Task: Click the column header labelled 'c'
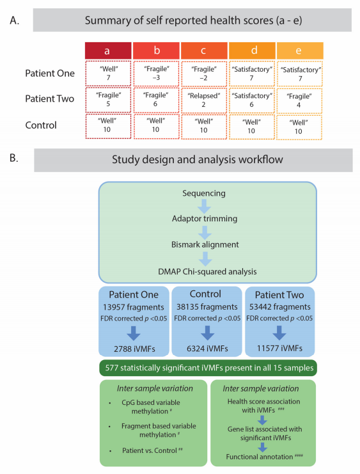click(x=204, y=51)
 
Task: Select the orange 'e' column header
click(x=299, y=51)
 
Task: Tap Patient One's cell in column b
click(x=156, y=74)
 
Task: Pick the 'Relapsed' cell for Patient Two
click(x=204, y=100)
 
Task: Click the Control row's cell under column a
click(x=108, y=126)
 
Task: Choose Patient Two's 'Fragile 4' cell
click(x=299, y=100)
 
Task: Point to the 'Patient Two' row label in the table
click(x=50, y=99)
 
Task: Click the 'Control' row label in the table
click(x=41, y=125)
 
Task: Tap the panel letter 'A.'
click(x=15, y=20)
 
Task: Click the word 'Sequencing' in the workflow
click(x=204, y=193)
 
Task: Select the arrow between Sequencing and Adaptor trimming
click(x=205, y=206)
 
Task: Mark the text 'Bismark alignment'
click(x=205, y=244)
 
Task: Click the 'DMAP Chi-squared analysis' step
click(x=207, y=271)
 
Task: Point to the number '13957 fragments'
click(x=133, y=307)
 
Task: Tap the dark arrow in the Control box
click(x=207, y=333)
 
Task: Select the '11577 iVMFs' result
click(x=279, y=348)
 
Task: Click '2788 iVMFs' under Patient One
click(x=134, y=349)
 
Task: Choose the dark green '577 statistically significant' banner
click(x=208, y=368)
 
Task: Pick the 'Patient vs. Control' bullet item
click(x=150, y=450)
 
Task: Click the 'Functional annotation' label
click(x=260, y=457)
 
